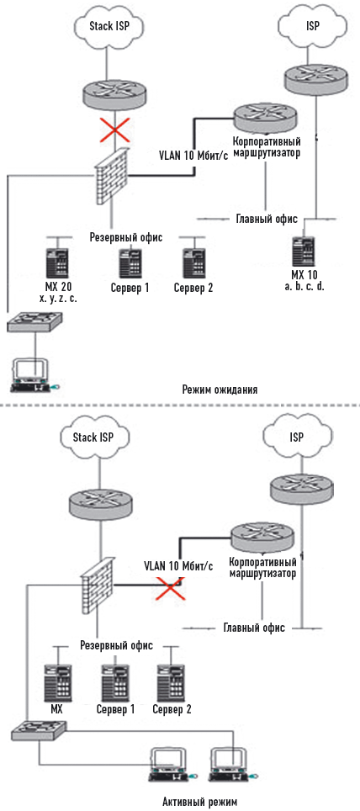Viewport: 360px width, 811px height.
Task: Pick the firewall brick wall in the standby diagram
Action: tap(111, 178)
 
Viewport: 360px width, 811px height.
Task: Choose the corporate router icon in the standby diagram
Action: tap(264, 119)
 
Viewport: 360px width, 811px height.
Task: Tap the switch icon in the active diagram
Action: tap(39, 729)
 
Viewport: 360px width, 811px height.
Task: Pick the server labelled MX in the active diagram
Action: tap(57, 680)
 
